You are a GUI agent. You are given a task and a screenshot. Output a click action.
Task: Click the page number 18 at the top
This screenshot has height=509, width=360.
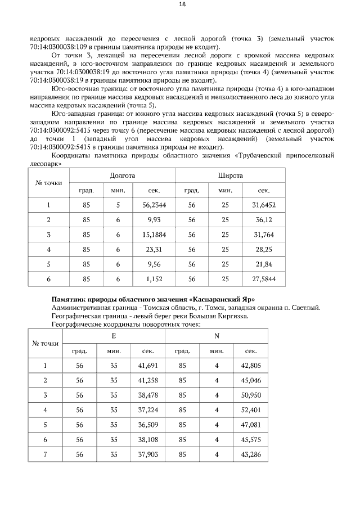point(182,4)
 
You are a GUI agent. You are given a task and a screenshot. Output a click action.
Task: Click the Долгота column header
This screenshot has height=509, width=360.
point(122,175)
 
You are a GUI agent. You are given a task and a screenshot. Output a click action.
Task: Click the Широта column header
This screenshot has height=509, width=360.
point(230,175)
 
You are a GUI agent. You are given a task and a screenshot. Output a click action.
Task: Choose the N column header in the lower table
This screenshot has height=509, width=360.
point(216,336)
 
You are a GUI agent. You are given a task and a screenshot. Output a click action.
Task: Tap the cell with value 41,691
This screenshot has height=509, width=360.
point(148,366)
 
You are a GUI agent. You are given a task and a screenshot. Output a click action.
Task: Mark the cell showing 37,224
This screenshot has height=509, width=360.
point(148,409)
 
